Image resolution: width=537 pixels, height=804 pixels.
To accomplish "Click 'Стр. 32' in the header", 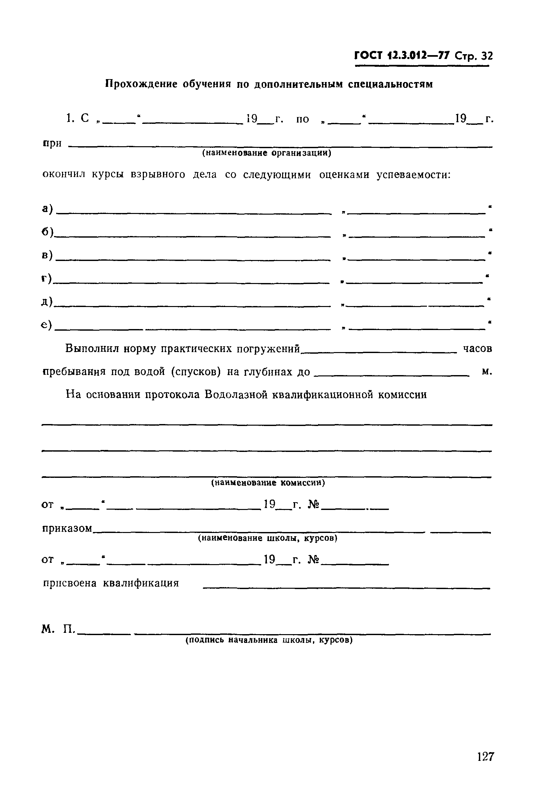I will point(474,56).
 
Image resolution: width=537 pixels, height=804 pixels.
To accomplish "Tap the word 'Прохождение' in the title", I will point(141,84).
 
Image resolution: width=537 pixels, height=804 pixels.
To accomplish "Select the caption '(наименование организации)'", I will point(267,153).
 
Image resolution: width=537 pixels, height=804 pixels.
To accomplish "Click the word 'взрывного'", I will point(158,174).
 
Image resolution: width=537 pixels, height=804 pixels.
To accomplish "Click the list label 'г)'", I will point(46,278).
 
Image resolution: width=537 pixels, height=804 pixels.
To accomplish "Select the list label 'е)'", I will point(46,325).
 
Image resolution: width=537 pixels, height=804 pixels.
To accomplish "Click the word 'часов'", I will point(477,349).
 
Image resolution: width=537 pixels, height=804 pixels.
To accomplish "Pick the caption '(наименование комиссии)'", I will point(268,482).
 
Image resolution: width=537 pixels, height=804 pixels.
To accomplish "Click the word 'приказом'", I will point(67,529).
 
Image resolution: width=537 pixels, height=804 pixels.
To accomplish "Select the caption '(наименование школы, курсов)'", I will point(268,538).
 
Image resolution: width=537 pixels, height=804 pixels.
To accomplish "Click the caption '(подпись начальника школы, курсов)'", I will point(269,640).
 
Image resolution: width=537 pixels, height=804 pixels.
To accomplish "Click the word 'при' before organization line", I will point(52,143).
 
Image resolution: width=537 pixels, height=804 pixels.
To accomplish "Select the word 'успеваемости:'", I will point(413,175).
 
